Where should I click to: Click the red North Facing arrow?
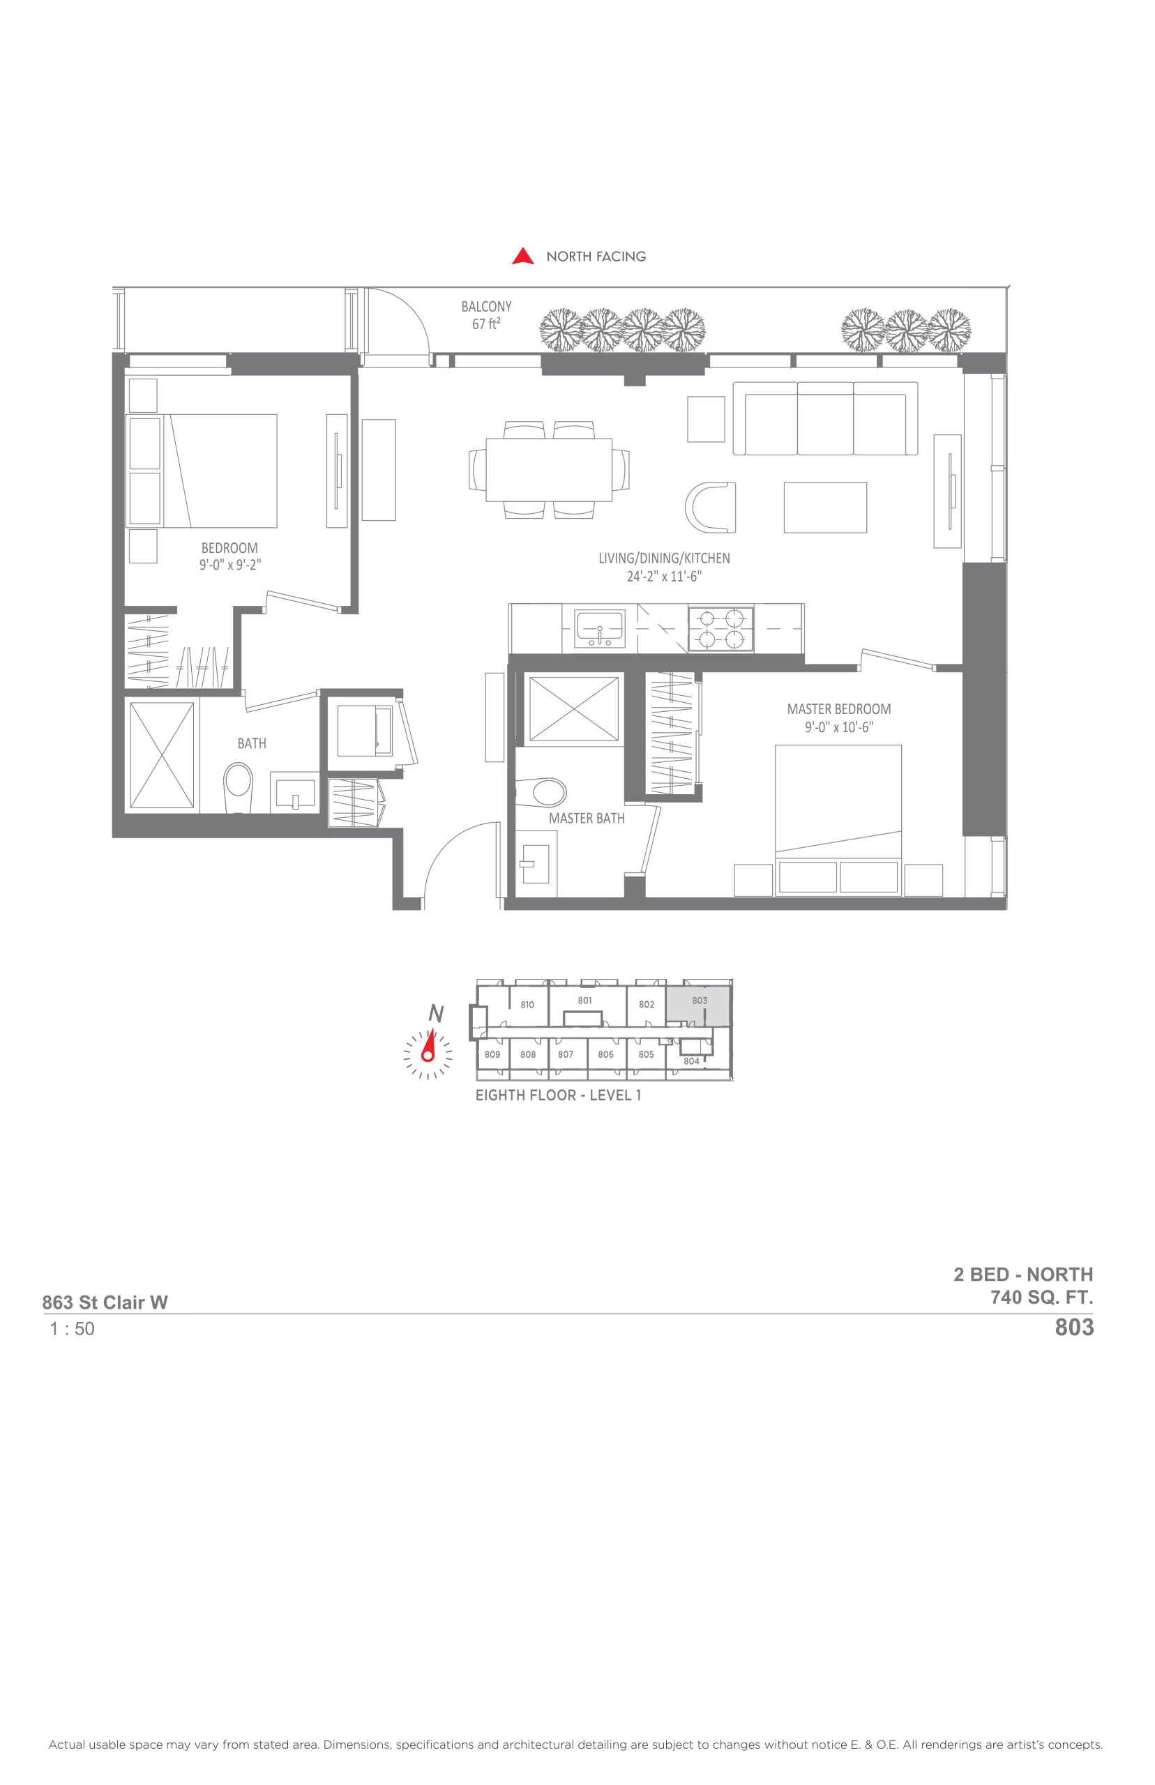[523, 257]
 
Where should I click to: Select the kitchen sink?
[599, 628]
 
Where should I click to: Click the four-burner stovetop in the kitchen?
[720, 628]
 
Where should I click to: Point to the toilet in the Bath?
[239, 788]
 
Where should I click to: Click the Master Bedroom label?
[838, 708]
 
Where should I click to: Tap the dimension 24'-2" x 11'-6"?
[664, 577]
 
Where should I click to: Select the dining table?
[549, 470]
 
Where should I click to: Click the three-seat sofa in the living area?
[825, 418]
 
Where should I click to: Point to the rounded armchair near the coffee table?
[710, 508]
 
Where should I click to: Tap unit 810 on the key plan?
[527, 1005]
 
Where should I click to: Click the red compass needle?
[429, 1045]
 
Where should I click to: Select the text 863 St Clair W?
[105, 1302]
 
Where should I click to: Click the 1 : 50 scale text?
[72, 1329]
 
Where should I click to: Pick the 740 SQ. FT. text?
[1042, 1296]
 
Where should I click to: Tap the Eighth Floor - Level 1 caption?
[558, 1095]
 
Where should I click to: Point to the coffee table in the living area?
[825, 508]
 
